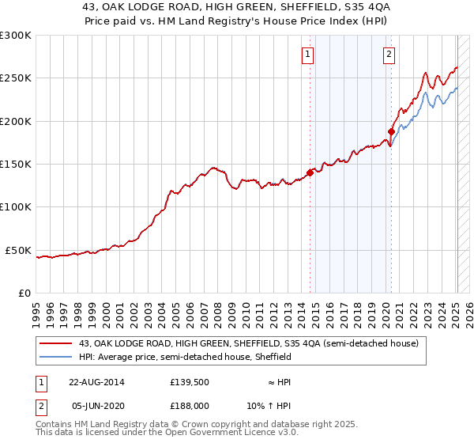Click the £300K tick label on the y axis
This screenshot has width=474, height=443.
tap(16, 36)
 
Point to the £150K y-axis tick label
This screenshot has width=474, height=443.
tap(16, 165)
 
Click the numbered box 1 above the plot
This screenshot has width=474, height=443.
tap(307, 55)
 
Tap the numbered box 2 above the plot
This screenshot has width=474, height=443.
tap(389, 55)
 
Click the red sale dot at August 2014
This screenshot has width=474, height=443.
tap(310, 172)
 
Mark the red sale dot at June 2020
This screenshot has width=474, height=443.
tap(391, 131)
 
